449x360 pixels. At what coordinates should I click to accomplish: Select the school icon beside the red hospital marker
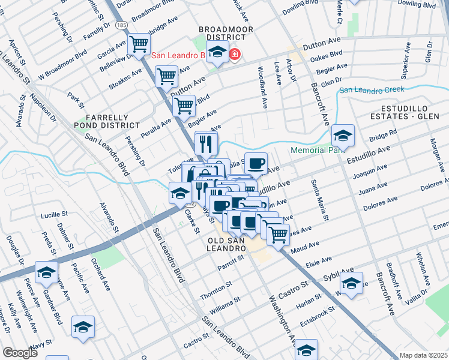point(217,54)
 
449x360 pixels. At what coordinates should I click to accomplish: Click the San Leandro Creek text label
point(372,90)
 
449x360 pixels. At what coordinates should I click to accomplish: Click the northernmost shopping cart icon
point(139,44)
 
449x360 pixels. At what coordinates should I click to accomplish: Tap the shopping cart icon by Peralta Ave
point(184,106)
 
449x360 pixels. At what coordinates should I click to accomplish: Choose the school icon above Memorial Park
point(343,136)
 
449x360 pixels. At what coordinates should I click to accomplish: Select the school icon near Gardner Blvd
point(46,272)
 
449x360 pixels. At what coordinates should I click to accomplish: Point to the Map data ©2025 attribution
point(423,355)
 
